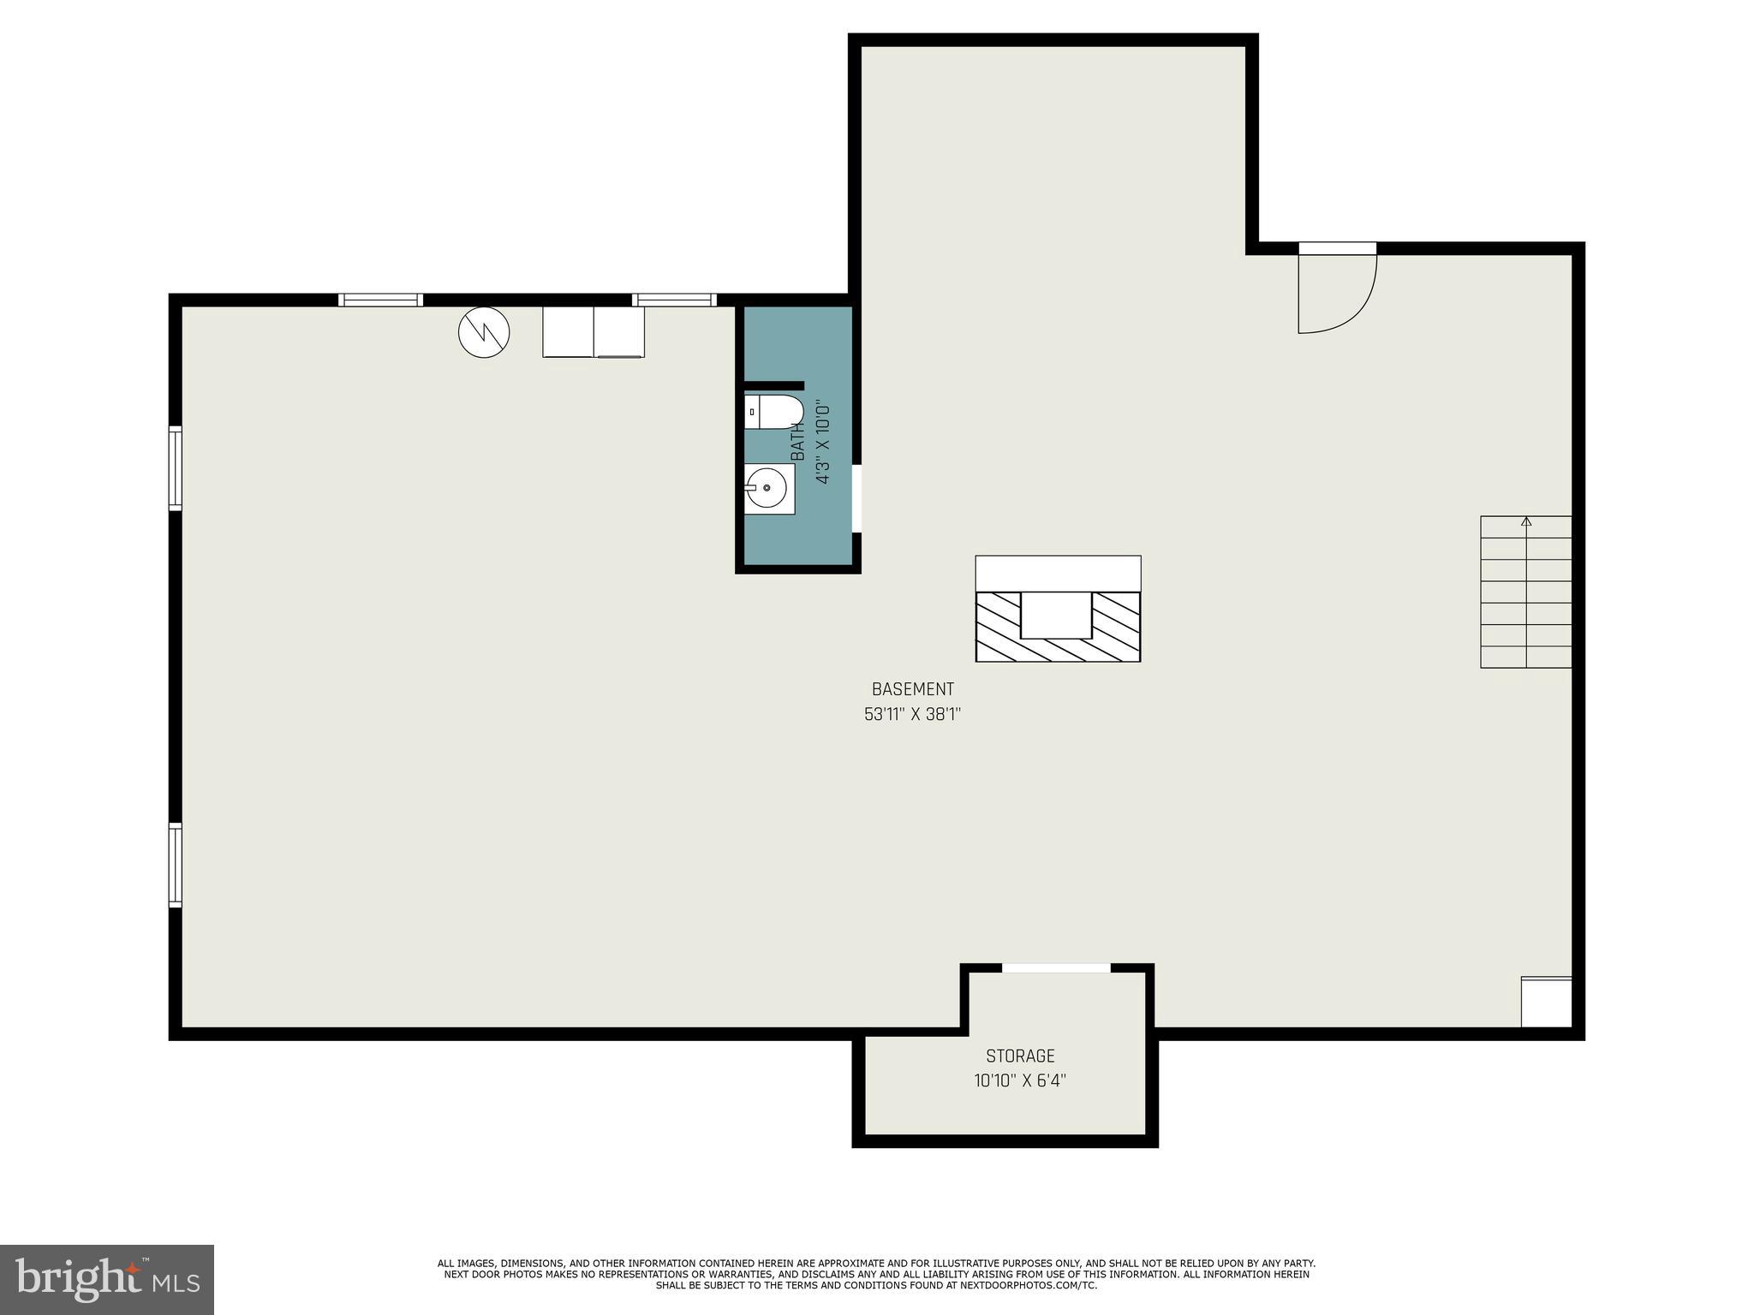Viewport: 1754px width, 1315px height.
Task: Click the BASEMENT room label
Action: (x=912, y=689)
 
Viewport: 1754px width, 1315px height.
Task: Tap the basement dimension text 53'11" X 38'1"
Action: (x=912, y=714)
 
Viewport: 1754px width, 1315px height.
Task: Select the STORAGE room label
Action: (x=1020, y=1056)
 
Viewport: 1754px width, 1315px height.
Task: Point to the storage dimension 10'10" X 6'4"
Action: (x=1020, y=1081)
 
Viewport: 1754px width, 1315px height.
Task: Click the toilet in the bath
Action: (x=773, y=412)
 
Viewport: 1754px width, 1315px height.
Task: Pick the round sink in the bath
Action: (x=768, y=489)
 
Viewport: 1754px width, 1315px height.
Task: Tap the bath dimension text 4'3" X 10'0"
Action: (x=823, y=443)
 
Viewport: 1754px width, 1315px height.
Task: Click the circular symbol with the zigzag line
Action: (x=484, y=332)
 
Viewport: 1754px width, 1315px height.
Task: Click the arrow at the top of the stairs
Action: (x=1526, y=521)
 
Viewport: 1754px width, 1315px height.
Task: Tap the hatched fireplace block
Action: (x=1058, y=627)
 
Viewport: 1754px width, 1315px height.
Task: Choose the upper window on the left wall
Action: (x=175, y=467)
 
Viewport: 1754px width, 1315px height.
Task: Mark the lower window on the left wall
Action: (x=175, y=865)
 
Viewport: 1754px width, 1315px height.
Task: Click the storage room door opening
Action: (x=1056, y=968)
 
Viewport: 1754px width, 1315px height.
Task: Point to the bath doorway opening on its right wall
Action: (x=856, y=498)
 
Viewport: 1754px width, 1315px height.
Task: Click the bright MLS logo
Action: (x=107, y=1279)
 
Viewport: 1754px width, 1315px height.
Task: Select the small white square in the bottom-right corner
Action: (x=1546, y=1002)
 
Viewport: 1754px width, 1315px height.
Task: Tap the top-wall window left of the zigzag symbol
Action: (x=380, y=300)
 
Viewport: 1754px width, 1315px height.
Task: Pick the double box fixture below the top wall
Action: (x=594, y=331)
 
